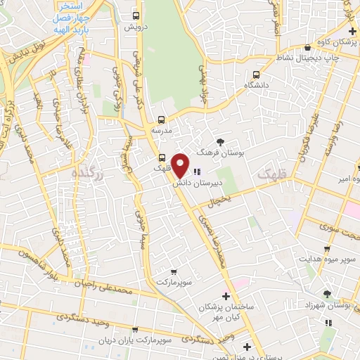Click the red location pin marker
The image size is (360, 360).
181,165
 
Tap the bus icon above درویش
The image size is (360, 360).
136,15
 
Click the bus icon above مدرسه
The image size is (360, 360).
162,120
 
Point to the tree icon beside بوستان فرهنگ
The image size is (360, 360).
220,141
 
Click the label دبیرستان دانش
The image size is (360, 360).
198,181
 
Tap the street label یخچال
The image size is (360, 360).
218,202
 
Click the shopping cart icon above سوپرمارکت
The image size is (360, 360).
173,271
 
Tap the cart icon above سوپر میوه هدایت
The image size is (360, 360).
326,248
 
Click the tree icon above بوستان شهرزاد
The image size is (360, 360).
326,294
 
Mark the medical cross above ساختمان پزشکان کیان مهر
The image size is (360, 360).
225,296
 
